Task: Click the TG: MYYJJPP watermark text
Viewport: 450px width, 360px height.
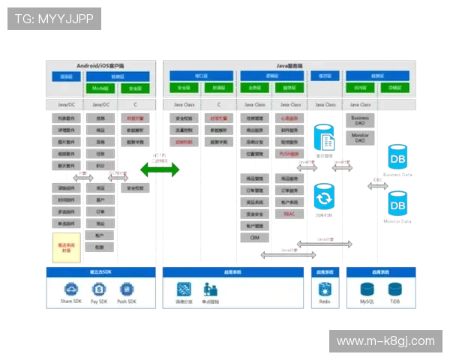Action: [x=53, y=19]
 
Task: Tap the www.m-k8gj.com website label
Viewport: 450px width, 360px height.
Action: [x=385, y=341]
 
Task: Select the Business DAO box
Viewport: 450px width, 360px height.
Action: [x=360, y=121]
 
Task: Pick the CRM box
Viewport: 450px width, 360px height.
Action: [x=254, y=237]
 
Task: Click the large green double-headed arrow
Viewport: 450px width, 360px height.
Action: [x=159, y=169]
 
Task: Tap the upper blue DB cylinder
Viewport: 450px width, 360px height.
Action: [x=397, y=157]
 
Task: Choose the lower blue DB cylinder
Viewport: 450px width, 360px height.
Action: [x=397, y=203]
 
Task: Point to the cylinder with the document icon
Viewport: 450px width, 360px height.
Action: [x=325, y=138]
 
